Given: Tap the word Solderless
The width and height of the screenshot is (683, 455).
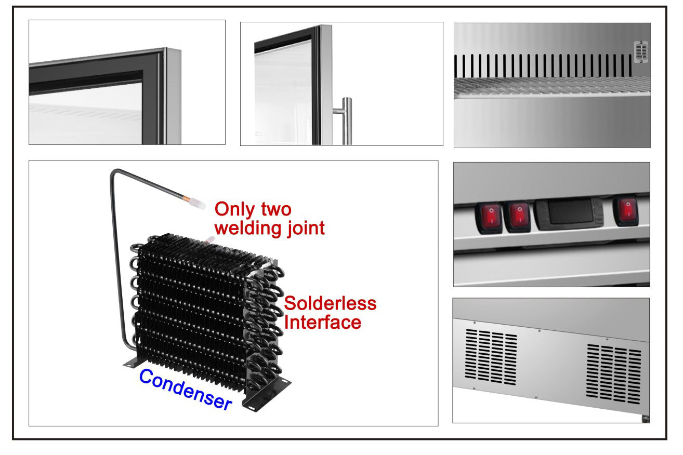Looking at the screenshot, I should click(330, 303).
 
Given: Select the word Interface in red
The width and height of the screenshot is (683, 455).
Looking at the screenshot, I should click(322, 322).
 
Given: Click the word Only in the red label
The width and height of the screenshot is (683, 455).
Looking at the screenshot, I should click(233, 209).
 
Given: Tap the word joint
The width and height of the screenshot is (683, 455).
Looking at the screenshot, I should click(304, 228).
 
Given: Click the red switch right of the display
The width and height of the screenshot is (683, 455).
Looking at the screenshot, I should click(626, 211).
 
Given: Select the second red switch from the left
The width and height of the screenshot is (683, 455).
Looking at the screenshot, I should click(519, 216).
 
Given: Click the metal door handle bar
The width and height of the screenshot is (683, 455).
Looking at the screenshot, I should click(346, 121).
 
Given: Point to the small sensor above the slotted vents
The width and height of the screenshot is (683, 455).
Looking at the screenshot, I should click(641, 52).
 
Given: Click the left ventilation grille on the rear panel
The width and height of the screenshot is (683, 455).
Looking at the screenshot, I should click(491, 356).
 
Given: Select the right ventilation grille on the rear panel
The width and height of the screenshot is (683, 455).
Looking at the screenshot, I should click(614, 373).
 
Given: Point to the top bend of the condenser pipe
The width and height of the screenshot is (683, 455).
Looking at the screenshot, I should click(115, 173).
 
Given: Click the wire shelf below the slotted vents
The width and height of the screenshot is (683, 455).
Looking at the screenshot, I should click(551, 87).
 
